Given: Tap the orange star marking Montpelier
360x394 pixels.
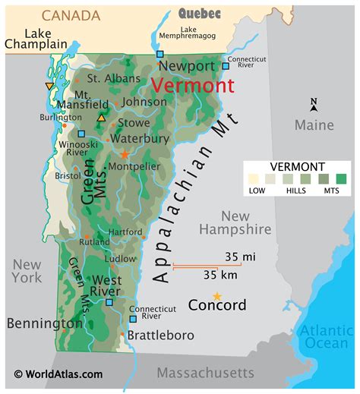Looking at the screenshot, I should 125,154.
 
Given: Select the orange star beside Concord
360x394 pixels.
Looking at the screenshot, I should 217,295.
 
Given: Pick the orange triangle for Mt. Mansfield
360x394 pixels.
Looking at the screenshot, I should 102,118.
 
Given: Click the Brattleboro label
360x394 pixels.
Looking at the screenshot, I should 160,335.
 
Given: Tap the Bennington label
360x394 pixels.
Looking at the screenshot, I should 44,323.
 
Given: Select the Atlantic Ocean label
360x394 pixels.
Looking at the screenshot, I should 326,336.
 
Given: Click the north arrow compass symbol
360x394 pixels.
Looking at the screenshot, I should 314,105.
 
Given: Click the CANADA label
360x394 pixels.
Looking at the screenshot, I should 71,15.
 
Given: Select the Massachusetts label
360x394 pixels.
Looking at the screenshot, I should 205,372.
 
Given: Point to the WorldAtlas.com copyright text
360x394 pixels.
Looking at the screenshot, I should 58,374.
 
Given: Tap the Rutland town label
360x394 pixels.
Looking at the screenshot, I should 95,242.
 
